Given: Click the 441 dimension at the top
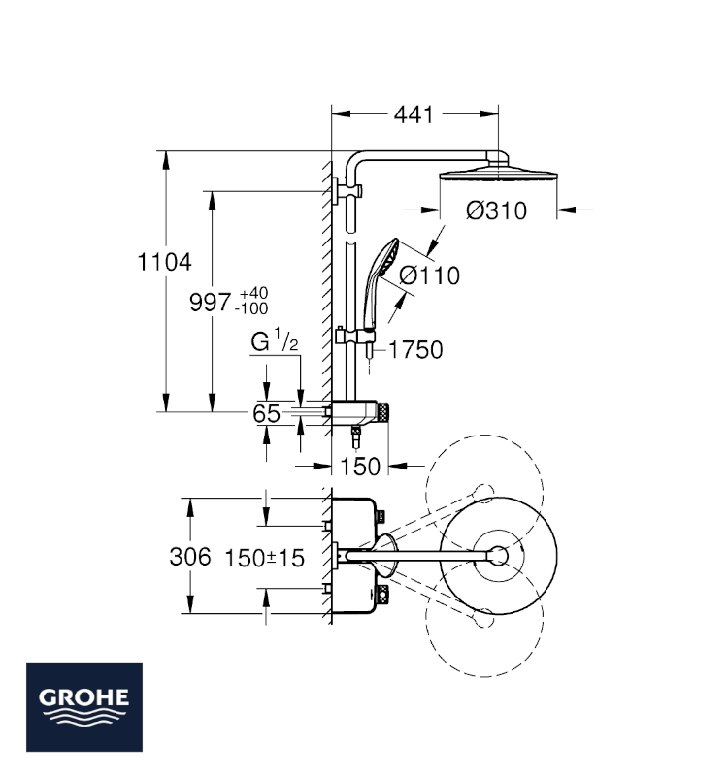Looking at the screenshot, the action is point(414,114).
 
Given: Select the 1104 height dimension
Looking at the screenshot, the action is point(164,262).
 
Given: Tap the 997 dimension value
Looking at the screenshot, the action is point(210,302).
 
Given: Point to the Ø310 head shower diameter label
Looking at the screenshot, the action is point(496,210).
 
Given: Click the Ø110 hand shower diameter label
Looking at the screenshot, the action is point(429,275).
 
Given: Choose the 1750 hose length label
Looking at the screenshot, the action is point(415,350).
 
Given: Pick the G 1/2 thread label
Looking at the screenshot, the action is point(275,340).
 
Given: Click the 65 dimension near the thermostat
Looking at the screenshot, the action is point(266,414).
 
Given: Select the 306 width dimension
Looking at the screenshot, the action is point(190,557).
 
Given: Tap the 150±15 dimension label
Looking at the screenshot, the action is point(264,559).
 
